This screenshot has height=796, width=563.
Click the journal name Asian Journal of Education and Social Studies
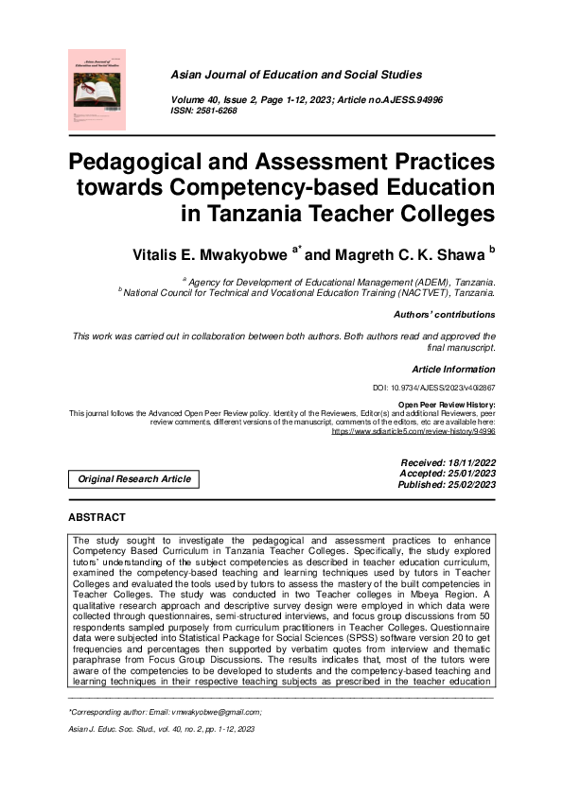(x=295, y=75)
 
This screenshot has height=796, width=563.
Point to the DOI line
(x=435, y=388)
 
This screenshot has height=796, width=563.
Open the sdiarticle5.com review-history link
(x=413, y=431)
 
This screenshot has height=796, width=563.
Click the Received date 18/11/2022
(x=449, y=461)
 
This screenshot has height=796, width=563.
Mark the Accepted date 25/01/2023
(x=449, y=473)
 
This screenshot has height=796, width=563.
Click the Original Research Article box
(x=135, y=479)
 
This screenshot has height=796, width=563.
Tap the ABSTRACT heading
(x=97, y=517)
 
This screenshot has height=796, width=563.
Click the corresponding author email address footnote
(x=166, y=711)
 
